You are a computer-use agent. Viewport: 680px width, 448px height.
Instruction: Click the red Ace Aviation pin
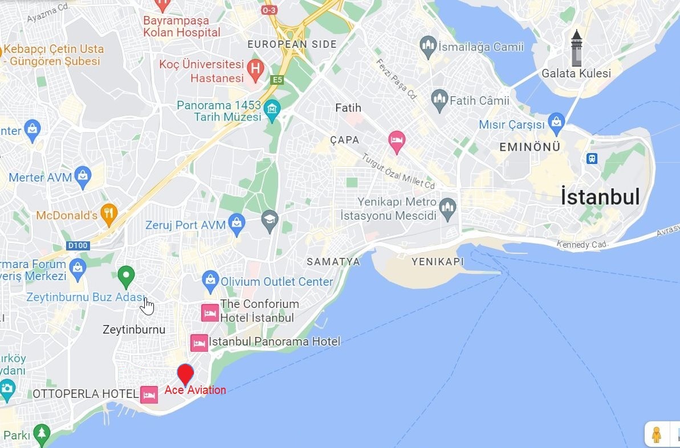pos(185,374)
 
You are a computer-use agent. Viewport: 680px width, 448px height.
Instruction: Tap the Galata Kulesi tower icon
pos(577,48)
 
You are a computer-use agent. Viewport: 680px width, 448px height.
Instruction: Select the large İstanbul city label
pos(600,197)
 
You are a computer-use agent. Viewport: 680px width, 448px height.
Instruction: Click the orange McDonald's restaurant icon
pos(108,213)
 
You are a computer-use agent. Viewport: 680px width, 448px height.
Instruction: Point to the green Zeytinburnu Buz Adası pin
pos(125,277)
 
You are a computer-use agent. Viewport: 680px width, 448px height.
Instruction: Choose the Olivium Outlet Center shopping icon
pos(210,280)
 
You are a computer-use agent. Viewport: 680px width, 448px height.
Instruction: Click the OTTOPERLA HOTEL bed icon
pos(149,394)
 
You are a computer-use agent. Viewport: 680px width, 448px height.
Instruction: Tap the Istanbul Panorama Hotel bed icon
pos(199,342)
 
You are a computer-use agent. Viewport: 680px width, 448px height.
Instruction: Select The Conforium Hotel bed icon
pos(210,313)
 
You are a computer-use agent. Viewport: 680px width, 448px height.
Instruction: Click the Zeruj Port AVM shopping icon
pos(237,224)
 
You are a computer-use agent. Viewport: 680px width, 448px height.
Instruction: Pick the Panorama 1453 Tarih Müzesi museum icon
pos(272,110)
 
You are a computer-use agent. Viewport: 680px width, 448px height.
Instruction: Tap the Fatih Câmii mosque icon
pos(439,100)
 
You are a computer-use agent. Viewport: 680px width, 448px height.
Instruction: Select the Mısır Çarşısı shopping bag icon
pos(556,121)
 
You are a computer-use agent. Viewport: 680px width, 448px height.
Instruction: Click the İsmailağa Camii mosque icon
pos(427,46)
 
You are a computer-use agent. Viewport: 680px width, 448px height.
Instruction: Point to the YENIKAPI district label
pos(437,262)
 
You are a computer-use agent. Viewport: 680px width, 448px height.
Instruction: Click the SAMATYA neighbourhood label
pos(333,262)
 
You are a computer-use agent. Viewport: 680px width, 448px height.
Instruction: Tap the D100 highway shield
pos(78,245)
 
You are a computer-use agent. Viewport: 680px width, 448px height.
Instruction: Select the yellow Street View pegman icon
pos(656,434)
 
